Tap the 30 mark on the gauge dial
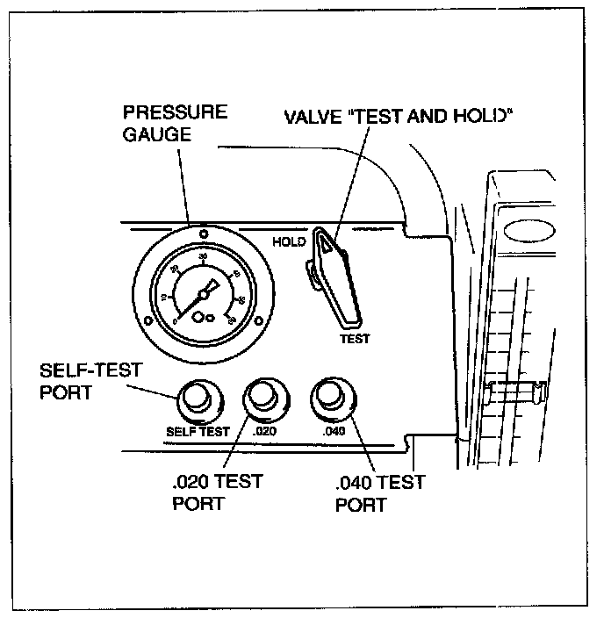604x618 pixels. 203,257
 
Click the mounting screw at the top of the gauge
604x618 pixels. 203,233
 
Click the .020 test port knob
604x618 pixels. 262,399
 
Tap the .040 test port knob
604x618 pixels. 330,397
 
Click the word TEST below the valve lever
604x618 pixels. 355,338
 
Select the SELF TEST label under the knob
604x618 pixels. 198,431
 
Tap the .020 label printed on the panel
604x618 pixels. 264,431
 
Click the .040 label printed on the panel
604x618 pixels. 333,431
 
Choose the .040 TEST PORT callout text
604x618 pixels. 379,493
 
